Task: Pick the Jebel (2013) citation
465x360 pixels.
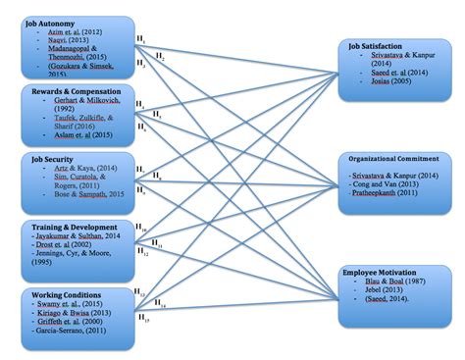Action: click(x=378, y=290)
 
